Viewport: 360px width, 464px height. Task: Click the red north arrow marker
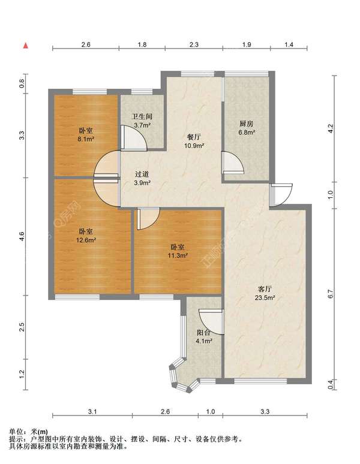tap(26, 46)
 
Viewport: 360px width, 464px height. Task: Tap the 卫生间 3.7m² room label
tap(142, 120)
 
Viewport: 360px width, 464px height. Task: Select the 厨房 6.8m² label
tap(247, 128)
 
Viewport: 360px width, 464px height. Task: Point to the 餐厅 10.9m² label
tap(194, 141)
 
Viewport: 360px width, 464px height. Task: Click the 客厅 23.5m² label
tap(265, 293)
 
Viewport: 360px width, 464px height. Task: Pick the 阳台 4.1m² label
tap(203, 337)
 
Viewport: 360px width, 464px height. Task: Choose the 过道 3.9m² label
tap(142, 179)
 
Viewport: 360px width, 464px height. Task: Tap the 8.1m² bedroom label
tap(86, 135)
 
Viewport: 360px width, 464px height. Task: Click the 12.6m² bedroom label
tap(86, 236)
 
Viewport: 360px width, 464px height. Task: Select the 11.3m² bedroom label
tap(178, 251)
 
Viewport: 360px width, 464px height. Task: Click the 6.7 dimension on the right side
tap(331, 294)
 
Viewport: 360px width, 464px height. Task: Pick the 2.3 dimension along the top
tap(194, 45)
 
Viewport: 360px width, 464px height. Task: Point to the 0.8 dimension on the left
tap(22, 84)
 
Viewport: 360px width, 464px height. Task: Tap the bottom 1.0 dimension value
tap(210, 411)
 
